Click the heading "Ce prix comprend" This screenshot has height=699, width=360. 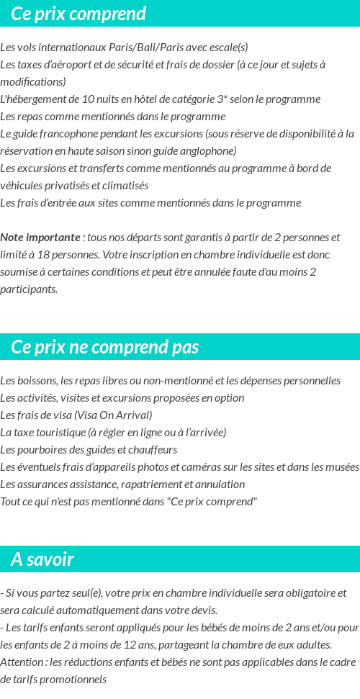78,14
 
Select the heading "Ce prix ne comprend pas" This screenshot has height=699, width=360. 104,348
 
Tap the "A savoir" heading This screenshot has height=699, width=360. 42,559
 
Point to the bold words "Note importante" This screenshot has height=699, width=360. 40,238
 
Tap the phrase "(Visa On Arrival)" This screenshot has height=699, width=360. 113,415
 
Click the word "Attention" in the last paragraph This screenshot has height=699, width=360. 21,662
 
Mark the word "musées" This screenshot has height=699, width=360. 341,467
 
